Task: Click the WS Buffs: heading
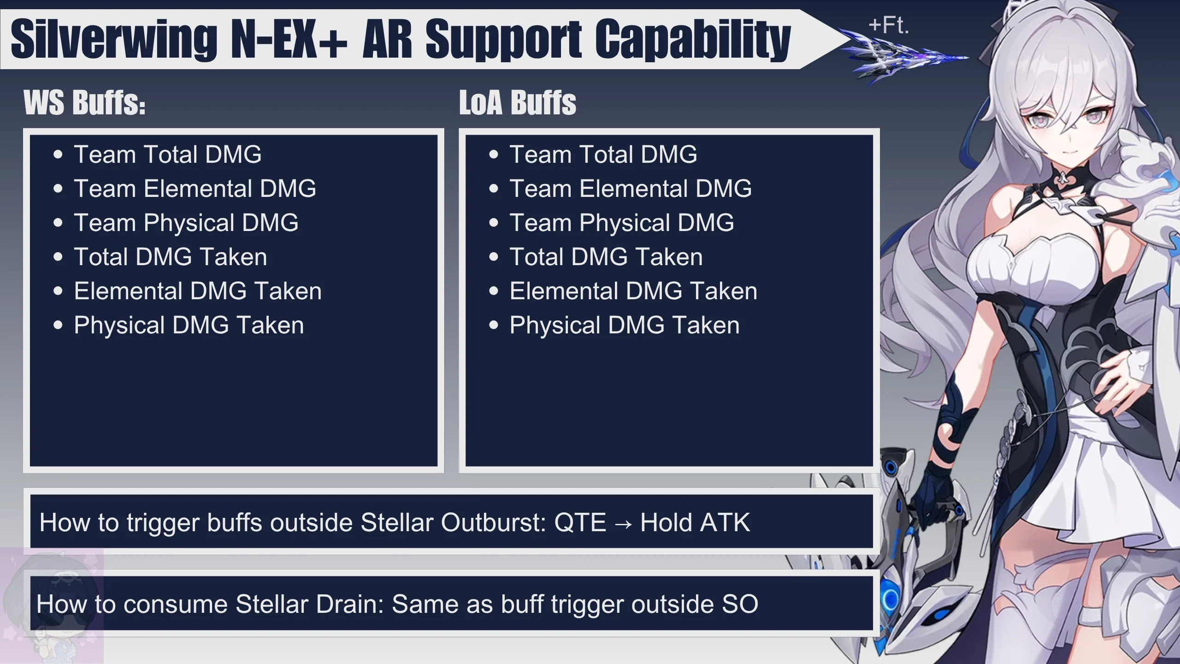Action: click(84, 102)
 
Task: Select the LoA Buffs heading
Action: click(518, 102)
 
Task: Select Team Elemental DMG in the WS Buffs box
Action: click(195, 188)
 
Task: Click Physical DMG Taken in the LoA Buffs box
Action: click(625, 325)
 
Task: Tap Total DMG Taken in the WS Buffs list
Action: click(171, 257)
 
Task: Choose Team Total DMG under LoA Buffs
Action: click(603, 154)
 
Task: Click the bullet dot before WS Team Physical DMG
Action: click(58, 223)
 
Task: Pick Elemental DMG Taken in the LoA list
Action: click(633, 291)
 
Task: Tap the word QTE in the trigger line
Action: click(580, 522)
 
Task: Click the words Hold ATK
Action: click(695, 522)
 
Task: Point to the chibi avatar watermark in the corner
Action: click(52, 606)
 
